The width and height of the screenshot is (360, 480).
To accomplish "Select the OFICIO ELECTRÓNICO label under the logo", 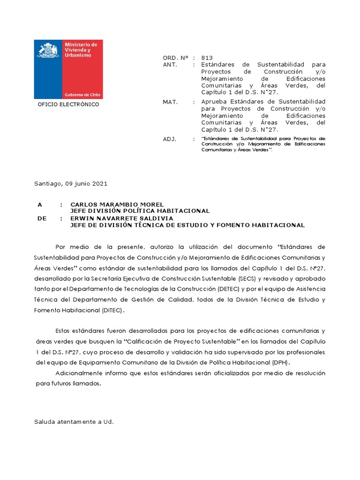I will pyautogui.click(x=68, y=105).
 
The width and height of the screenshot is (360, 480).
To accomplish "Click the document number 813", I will pyautogui.click(x=207, y=58).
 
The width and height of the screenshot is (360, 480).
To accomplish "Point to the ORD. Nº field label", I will pyautogui.click(x=175, y=58).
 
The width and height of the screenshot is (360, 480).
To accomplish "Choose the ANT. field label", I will pyautogui.click(x=170, y=65).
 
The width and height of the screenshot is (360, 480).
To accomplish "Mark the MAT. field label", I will pyautogui.click(x=170, y=102).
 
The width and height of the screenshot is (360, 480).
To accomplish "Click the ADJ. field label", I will pyautogui.click(x=169, y=139).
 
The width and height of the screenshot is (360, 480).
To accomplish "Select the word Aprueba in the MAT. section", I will pyautogui.click(x=213, y=102).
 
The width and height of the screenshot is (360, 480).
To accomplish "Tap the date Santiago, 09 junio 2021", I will pyautogui.click(x=71, y=184).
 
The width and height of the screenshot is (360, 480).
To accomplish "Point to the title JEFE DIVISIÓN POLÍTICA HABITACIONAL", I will pyautogui.click(x=140, y=211).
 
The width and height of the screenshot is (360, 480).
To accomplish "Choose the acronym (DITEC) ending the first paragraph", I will pyautogui.click(x=113, y=310).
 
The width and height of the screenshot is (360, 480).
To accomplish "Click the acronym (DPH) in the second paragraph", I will pyautogui.click(x=281, y=362).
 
